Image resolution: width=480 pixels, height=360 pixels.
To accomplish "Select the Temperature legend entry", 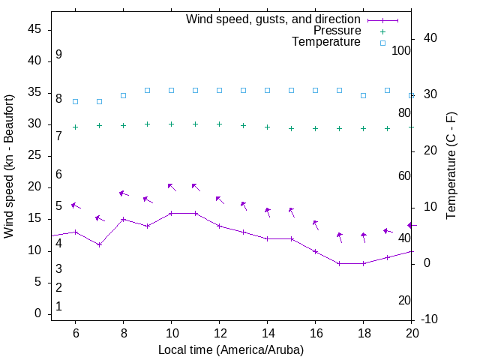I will tap(326, 42).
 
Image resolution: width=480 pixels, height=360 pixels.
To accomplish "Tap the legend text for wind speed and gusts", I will tap(274, 19).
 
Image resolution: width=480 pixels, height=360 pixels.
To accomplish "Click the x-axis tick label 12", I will tap(219, 334).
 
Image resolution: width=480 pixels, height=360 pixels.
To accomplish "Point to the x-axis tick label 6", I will tap(75, 334).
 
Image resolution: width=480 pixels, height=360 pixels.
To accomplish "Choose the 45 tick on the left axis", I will tap(34, 29).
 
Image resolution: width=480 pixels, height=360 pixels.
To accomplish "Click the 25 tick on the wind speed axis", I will tap(34, 156).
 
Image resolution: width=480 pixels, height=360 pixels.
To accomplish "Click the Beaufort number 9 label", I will tap(58, 55).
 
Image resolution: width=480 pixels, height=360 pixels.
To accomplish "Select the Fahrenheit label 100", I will tap(401, 50).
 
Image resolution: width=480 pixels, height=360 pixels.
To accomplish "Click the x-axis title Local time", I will tap(231, 349).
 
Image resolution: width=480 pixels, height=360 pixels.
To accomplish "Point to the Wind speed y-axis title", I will tap(10, 166).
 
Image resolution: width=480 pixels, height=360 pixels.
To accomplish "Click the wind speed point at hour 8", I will tap(123, 220).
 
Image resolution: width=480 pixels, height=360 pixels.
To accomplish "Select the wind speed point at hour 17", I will tap(339, 263).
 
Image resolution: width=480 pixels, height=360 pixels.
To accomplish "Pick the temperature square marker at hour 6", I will tap(75, 101).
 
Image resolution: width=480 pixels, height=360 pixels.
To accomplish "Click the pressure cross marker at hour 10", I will tap(171, 124).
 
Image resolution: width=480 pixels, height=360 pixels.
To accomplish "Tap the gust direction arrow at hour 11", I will tap(195, 186).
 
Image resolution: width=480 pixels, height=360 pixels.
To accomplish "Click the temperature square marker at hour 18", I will tap(363, 95).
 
